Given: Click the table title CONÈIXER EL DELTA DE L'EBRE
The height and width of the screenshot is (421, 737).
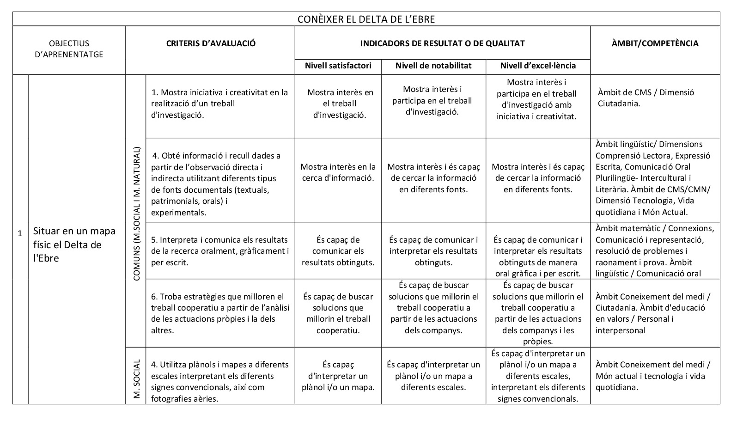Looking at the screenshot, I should point(366,19).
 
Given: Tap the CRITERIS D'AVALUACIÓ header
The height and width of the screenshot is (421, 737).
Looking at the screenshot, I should point(211,43).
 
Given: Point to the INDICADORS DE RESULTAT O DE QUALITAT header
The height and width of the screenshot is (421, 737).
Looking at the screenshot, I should point(442,43).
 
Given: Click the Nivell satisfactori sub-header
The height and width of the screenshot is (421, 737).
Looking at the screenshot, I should point(338,66).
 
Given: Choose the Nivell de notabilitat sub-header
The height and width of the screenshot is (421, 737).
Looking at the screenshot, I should point(433,66).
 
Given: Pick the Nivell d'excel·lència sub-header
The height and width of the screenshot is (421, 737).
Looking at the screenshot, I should point(538,66).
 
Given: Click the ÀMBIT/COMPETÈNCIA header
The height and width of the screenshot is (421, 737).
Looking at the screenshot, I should point(655,43).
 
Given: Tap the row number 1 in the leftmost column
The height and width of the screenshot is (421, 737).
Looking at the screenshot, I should point(20,233).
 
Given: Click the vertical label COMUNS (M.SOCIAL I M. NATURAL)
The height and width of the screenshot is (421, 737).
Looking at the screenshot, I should point(136,214).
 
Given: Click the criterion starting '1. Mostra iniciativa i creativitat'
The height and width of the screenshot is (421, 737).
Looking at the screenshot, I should point(219,104).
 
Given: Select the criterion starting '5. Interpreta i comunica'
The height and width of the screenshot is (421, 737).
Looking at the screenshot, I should point(219,251).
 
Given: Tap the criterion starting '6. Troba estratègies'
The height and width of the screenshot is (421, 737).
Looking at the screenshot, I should point(219,313).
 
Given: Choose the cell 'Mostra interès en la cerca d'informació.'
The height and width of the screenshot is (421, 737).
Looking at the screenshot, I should point(338,172).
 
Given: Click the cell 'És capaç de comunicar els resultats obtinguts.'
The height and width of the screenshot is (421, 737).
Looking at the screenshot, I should point(338,251).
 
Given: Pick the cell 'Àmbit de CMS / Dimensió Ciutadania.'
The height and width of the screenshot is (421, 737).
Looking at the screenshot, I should point(646,98).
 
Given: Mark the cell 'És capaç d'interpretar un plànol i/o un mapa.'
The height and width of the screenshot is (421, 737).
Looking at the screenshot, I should point(338,376).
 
